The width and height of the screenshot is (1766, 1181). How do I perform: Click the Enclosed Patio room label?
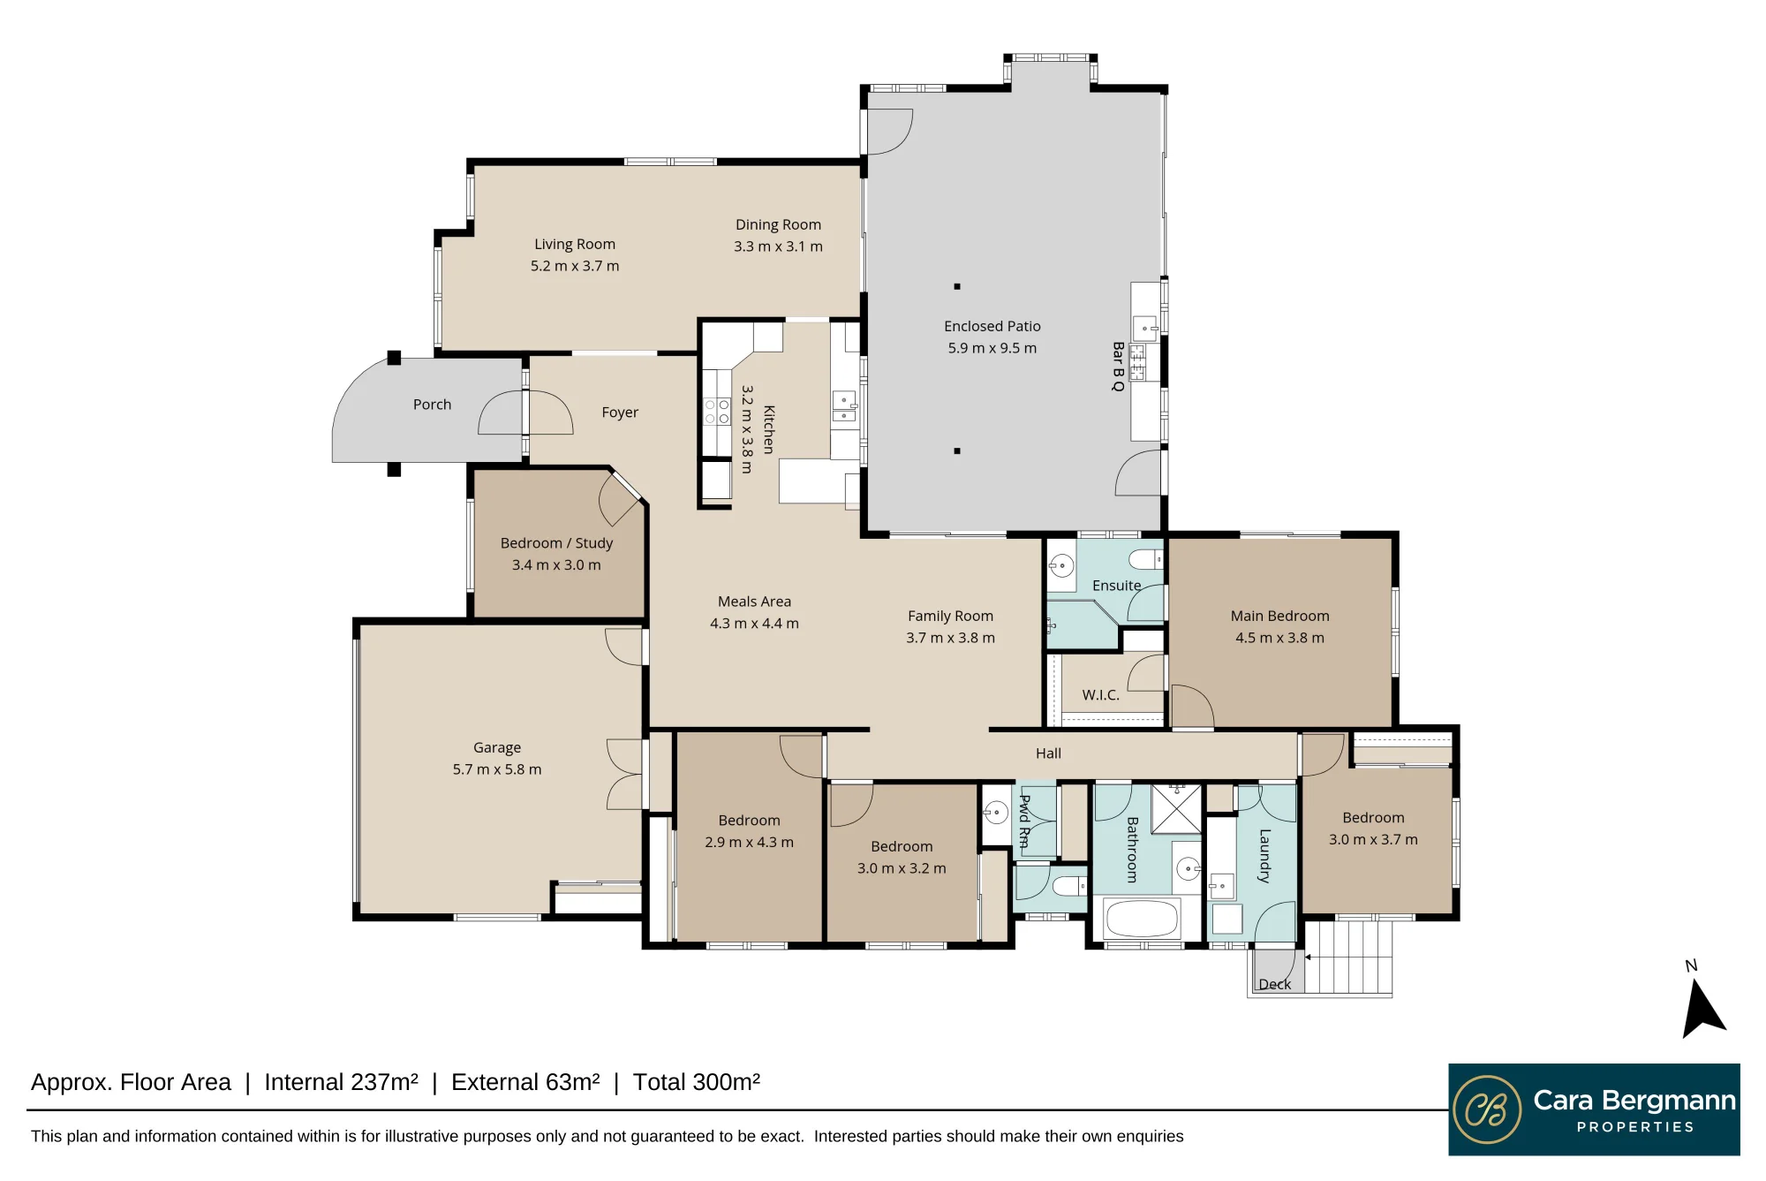pyautogui.click(x=992, y=326)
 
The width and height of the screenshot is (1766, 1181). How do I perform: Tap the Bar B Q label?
pyautogui.click(x=1118, y=367)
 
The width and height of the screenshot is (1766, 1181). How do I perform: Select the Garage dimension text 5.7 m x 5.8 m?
pyautogui.click(x=497, y=769)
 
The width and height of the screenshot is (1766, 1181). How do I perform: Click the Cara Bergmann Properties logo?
pyautogui.click(x=1594, y=1109)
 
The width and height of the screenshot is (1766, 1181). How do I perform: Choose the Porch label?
pyautogui.click(x=432, y=405)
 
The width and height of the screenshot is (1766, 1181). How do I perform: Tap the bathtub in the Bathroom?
pyautogui.click(x=1142, y=919)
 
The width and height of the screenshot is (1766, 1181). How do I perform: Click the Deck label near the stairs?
pyautogui.click(x=1274, y=984)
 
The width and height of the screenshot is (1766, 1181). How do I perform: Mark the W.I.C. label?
pyautogui.click(x=1101, y=695)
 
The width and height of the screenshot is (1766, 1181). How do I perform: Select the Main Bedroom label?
pyautogui.click(x=1279, y=616)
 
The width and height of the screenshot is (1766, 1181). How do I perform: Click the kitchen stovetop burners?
pyautogui.click(x=716, y=412)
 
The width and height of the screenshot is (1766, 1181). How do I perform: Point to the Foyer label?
pyautogui.click(x=620, y=413)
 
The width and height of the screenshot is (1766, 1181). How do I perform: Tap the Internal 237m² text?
pyautogui.click(x=341, y=1082)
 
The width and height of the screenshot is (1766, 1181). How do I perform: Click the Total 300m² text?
pyautogui.click(x=697, y=1082)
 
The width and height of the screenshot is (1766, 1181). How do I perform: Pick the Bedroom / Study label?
pyautogui.click(x=556, y=543)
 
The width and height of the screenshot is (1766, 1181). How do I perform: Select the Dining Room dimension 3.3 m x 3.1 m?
pyautogui.click(x=778, y=246)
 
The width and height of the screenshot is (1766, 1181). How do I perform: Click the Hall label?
pyautogui.click(x=1048, y=753)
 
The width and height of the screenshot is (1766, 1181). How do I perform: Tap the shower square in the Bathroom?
pyautogui.click(x=1176, y=808)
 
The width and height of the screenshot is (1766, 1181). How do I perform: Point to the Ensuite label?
pyautogui.click(x=1116, y=586)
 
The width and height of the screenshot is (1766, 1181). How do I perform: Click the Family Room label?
pyautogui.click(x=950, y=616)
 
